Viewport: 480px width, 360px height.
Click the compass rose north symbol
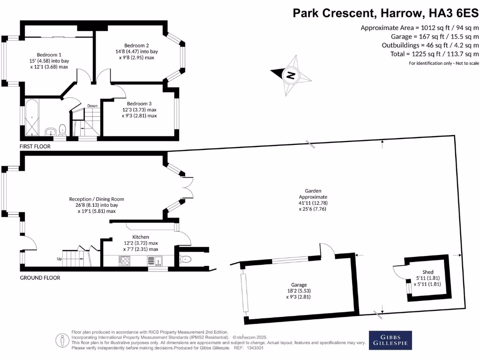click(291, 75)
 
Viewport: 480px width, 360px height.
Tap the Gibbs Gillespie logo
click(390, 340)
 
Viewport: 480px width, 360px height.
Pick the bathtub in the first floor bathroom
click(32, 117)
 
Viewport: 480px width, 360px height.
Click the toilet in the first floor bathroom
click(62, 130)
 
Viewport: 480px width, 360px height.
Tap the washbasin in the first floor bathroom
click(50, 132)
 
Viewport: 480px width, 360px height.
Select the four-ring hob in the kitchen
click(124, 261)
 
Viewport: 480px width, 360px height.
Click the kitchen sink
click(155, 261)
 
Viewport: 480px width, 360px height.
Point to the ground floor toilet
click(186, 260)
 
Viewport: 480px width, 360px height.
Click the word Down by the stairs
click(92, 106)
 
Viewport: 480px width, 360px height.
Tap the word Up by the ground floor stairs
click(60, 259)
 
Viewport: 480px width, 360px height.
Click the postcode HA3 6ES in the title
click(454, 13)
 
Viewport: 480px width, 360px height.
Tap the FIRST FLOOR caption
click(35, 146)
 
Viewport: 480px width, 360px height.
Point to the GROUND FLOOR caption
click(40, 277)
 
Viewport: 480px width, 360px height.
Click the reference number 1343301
click(255, 348)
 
